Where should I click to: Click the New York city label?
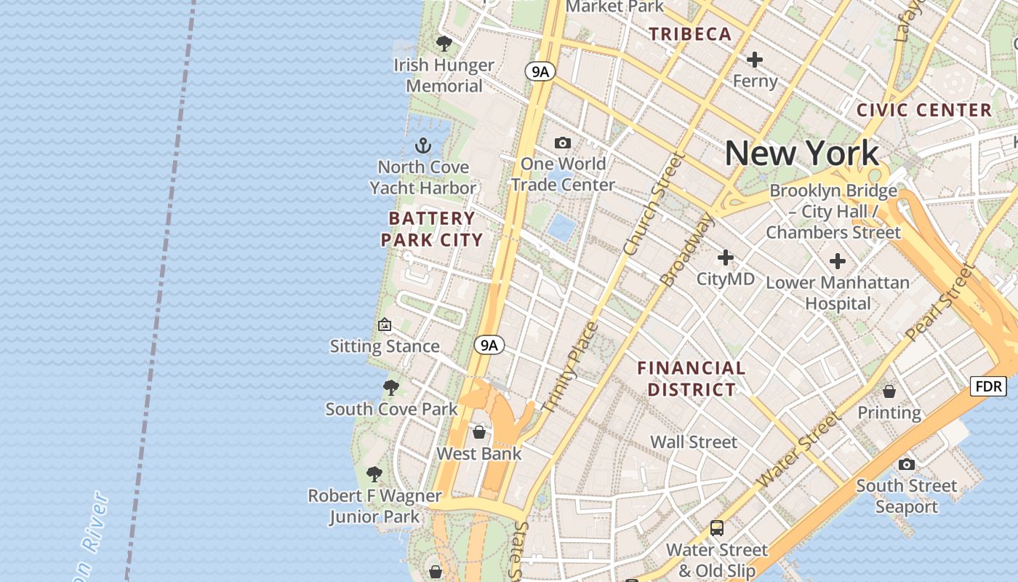coord(801,154)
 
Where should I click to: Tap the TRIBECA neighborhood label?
coord(690,34)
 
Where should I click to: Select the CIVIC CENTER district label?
coord(924,111)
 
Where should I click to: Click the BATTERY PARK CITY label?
coord(432,229)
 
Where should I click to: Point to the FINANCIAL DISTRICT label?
coord(692,378)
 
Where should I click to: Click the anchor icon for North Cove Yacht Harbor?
coord(422,145)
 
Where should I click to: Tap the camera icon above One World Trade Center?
coord(563,143)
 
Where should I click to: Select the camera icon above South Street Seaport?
coord(906,464)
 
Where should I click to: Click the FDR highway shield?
coord(988,386)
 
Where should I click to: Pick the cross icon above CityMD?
coord(726,258)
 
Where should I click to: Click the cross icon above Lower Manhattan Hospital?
coord(838,261)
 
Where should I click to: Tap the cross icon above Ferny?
coord(755,60)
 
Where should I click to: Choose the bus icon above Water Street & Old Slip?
coord(717,528)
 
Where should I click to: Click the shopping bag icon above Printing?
coord(889,391)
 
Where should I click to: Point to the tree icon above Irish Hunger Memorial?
coord(444,44)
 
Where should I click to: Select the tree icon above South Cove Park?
coord(391,388)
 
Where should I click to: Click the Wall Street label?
coord(694,442)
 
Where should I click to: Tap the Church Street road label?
coord(654,204)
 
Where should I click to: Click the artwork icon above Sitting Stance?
coord(385,325)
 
